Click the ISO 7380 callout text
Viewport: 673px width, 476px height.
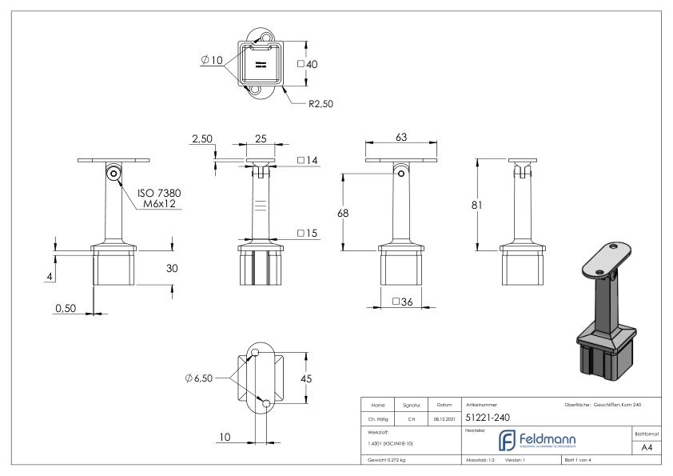[157, 193]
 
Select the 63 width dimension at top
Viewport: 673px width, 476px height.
[401, 138]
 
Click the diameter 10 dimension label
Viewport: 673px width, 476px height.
[212, 61]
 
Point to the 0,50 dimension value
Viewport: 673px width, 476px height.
[67, 306]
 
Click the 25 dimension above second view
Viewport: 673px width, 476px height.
[260, 138]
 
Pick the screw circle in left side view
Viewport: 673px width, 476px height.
[114, 173]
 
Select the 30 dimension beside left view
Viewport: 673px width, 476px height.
[171, 269]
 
